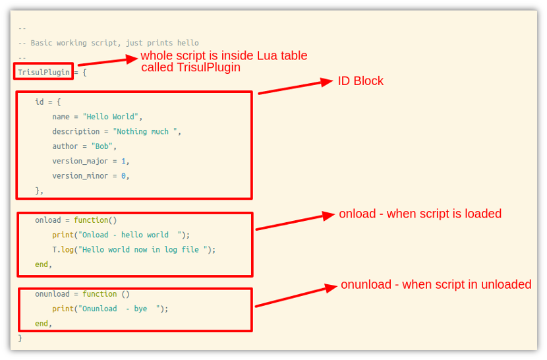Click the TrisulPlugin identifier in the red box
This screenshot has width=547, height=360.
coord(43,73)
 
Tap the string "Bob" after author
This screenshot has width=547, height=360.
coord(102,146)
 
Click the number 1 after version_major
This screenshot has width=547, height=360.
coord(123,161)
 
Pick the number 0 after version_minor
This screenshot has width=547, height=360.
coord(123,176)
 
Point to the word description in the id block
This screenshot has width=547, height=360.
coord(76,132)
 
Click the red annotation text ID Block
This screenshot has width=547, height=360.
coord(360,81)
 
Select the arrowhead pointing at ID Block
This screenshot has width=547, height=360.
coord(326,82)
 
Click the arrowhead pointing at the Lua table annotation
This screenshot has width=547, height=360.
coord(132,59)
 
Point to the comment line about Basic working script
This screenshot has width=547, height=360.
coord(109,43)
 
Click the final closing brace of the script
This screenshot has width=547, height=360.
coord(20,338)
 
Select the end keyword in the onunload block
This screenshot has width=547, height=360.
coord(41,323)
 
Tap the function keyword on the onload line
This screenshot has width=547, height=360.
coord(91,220)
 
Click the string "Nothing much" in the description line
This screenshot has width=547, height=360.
coord(145,132)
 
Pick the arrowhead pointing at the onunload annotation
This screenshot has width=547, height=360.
coord(331,287)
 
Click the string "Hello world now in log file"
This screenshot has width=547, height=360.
coord(143,250)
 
